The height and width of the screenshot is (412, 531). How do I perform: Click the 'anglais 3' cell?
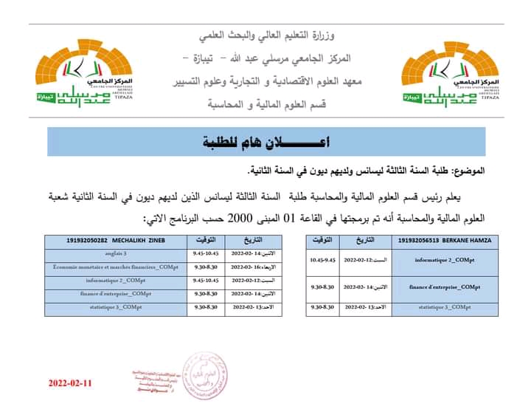coord(116,253)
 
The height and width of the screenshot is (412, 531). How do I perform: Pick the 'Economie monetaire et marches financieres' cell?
coord(116,267)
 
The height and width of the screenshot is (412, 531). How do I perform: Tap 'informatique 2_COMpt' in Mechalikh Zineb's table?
coord(116,280)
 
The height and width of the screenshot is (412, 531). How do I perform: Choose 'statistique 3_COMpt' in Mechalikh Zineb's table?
coord(116,307)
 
